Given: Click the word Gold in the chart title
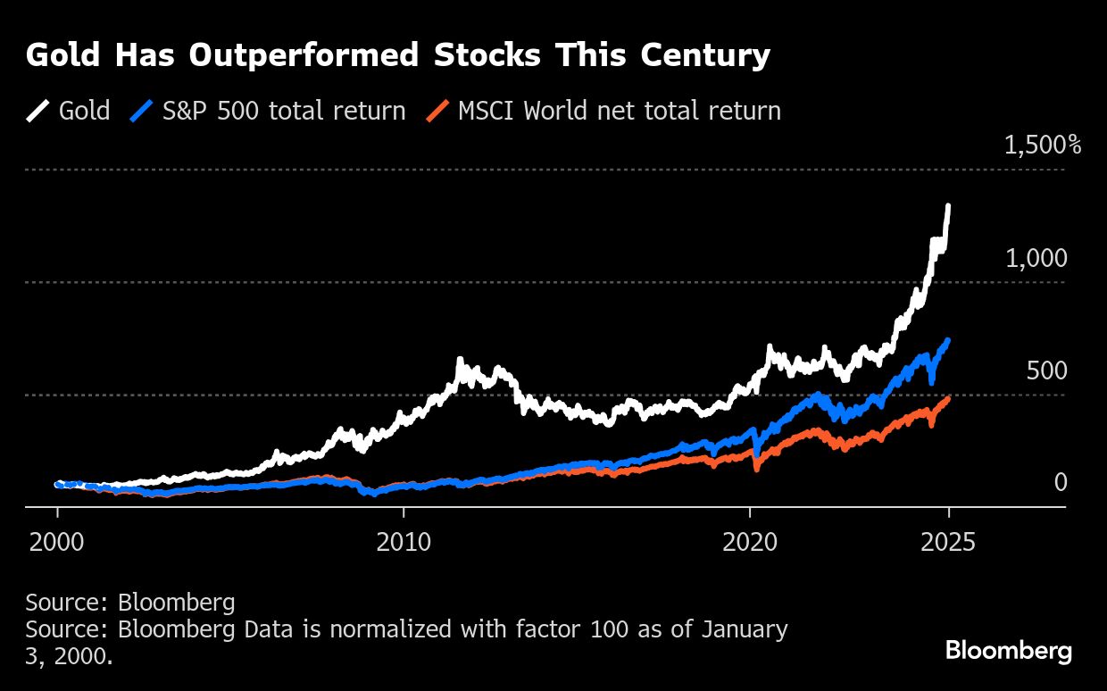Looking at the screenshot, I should pyautogui.click(x=58, y=56).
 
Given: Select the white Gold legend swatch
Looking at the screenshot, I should pyautogui.click(x=38, y=111).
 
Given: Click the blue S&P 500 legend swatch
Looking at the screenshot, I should pyautogui.click(x=142, y=111).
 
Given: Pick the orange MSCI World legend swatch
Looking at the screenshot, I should pyautogui.click(x=437, y=111).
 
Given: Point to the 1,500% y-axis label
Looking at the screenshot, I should pyautogui.click(x=1042, y=146).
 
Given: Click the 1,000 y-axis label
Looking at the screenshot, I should pyautogui.click(x=1036, y=259).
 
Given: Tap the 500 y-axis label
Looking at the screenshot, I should pyautogui.click(x=1046, y=371).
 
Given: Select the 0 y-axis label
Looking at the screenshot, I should pyautogui.click(x=1061, y=483).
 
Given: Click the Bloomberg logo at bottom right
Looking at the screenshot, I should pyautogui.click(x=1008, y=651).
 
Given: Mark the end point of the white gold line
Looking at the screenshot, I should pyautogui.click(x=948, y=206).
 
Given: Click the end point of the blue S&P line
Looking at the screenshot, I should pyautogui.click(x=948, y=340).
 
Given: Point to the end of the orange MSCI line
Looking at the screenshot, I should pyautogui.click(x=948, y=398).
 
